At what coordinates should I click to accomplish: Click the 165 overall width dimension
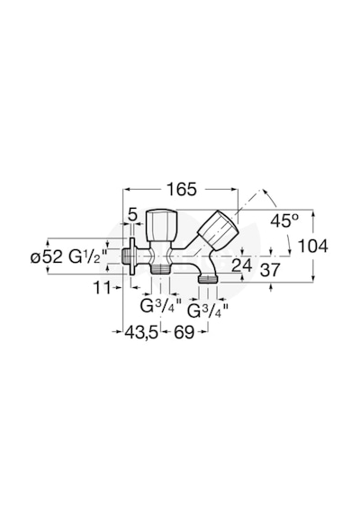tap(182, 189)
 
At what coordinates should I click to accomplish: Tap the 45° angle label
tap(284, 220)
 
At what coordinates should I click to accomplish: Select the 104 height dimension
tap(313, 246)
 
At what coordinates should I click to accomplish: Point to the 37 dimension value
tap(270, 270)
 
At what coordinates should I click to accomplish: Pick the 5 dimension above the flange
tap(132, 215)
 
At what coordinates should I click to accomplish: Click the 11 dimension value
tap(102, 288)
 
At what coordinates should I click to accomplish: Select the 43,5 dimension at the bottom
tap(141, 333)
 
